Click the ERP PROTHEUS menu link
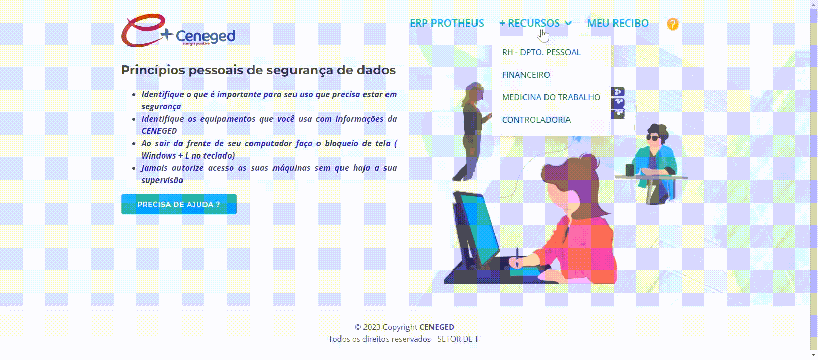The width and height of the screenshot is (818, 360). coord(447,23)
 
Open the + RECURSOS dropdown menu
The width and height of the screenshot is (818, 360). coord(535,23)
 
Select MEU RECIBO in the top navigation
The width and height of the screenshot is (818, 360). coord(618,23)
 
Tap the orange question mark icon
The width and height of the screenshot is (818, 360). coord(673,24)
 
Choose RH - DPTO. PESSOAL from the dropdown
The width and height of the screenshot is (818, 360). coord(541,52)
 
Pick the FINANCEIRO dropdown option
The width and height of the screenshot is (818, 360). coord(526,75)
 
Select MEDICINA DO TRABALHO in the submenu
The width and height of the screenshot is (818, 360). coord(551,97)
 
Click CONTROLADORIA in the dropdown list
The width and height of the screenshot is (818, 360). coord(536,120)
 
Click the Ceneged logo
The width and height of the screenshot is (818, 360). coord(178,31)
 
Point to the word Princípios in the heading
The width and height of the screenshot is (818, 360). coord(153,70)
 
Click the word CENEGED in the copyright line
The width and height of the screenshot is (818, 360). coord(437,327)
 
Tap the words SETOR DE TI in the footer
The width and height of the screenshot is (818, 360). coord(459,339)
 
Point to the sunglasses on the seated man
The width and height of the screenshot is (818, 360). coord(653,138)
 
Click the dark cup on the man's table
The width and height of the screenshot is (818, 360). coord(630,170)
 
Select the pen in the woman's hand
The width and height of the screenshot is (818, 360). coord(517,257)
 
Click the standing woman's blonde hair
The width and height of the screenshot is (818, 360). coord(473,94)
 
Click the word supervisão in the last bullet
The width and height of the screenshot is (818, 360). coord(162,181)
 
